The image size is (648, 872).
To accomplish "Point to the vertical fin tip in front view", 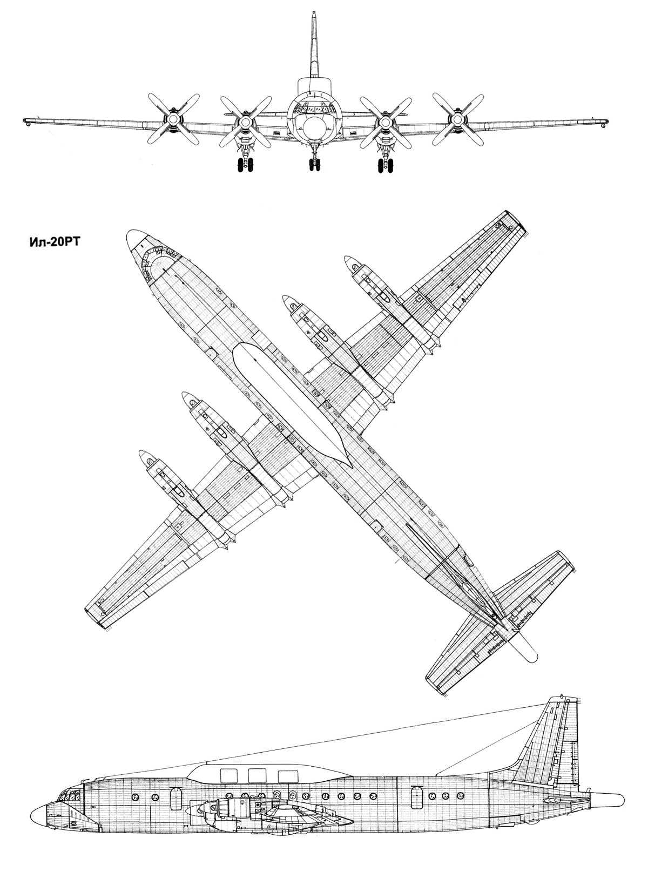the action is click(x=314, y=15).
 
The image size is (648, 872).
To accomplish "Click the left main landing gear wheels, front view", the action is click(x=246, y=165).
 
